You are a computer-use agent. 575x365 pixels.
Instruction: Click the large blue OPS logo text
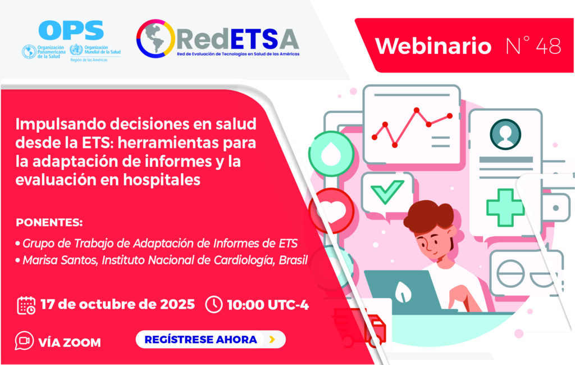pyautogui.click(x=71, y=30)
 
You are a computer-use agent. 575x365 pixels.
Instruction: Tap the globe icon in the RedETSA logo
pyautogui.click(x=156, y=39)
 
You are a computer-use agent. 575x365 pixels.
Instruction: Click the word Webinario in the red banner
pyautogui.click(x=433, y=46)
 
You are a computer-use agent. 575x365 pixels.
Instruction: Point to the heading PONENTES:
pyautogui.click(x=49, y=223)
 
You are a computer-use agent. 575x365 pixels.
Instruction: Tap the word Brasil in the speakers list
pyautogui.click(x=293, y=260)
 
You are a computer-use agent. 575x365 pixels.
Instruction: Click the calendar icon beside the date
pyautogui.click(x=26, y=305)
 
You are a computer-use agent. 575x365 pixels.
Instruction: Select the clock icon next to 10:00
pyautogui.click(x=214, y=305)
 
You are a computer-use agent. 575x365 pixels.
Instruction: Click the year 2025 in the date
pyautogui.click(x=177, y=304)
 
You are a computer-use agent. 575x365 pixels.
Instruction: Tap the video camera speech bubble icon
pyautogui.click(x=24, y=341)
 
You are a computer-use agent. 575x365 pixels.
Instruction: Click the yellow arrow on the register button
pyautogui.click(x=272, y=339)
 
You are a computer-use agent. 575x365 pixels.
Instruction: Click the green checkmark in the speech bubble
pyautogui.click(x=387, y=191)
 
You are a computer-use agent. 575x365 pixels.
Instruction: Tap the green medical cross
pyautogui.click(x=505, y=208)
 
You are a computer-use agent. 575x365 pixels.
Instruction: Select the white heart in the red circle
pyautogui.click(x=333, y=210)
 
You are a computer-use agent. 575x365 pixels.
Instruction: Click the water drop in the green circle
pyautogui.click(x=331, y=154)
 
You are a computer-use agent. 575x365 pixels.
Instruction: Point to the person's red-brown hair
pyautogui.click(x=428, y=217)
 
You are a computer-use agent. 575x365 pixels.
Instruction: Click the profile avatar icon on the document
pyautogui.click(x=505, y=134)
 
